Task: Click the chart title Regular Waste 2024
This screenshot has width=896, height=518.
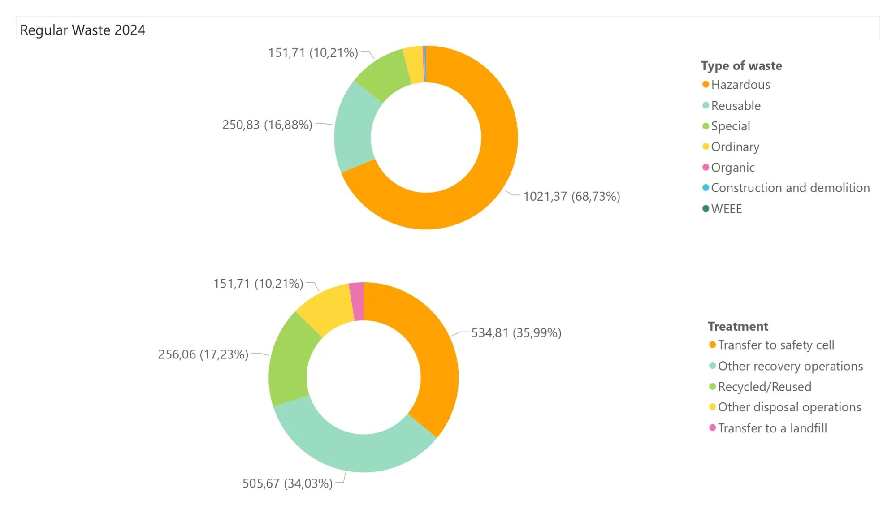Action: (x=82, y=30)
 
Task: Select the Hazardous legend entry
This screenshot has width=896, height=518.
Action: (x=736, y=85)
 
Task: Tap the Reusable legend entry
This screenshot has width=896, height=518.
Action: (x=732, y=106)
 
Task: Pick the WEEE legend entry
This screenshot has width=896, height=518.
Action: (x=722, y=209)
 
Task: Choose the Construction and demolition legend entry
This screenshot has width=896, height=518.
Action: (x=786, y=188)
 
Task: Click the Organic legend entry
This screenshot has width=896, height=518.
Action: (x=728, y=168)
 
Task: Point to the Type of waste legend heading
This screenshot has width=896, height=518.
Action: (x=741, y=66)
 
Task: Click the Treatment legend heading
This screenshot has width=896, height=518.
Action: (x=738, y=326)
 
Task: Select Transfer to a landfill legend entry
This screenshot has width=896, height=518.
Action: (x=768, y=428)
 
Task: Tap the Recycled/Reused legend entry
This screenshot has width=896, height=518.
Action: (x=760, y=387)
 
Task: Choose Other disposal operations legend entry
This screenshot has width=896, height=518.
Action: (x=785, y=407)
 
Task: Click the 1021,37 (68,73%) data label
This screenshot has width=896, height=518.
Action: (x=571, y=196)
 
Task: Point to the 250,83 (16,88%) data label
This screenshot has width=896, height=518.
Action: (x=267, y=125)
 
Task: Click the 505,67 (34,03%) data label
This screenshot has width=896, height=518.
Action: (x=287, y=483)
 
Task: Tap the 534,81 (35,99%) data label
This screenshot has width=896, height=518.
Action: (x=516, y=333)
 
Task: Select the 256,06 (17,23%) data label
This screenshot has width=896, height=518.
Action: (x=203, y=354)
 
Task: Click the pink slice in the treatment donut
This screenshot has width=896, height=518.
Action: (x=357, y=301)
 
